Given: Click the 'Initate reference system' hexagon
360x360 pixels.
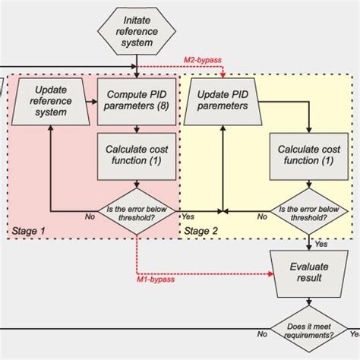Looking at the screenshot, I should (137, 30).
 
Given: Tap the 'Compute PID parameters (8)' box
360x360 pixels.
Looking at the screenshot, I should (137, 102).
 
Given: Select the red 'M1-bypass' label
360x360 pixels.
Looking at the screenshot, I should (156, 279).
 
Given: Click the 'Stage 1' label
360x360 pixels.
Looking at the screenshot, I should (29, 229).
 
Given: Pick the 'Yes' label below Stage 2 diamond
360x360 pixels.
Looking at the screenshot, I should (321, 244).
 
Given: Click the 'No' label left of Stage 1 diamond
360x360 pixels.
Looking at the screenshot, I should (90, 216).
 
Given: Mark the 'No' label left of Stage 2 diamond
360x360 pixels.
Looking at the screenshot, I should (262, 216).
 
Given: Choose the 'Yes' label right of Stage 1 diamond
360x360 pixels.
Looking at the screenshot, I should (187, 216).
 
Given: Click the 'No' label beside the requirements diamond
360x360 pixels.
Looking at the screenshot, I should (263, 334).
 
